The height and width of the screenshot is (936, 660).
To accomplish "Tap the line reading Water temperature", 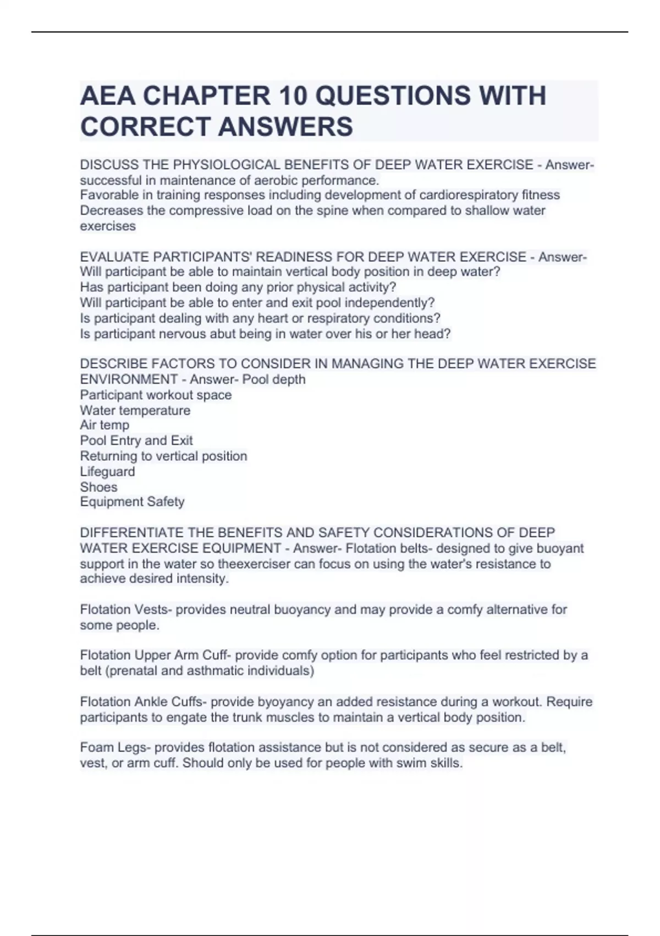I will click(135, 410).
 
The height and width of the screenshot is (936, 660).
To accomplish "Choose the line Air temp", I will click(105, 425).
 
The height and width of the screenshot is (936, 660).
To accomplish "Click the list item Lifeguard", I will click(107, 471).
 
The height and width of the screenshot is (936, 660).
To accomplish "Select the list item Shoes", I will click(98, 487).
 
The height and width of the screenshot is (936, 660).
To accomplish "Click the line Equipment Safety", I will click(132, 502).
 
